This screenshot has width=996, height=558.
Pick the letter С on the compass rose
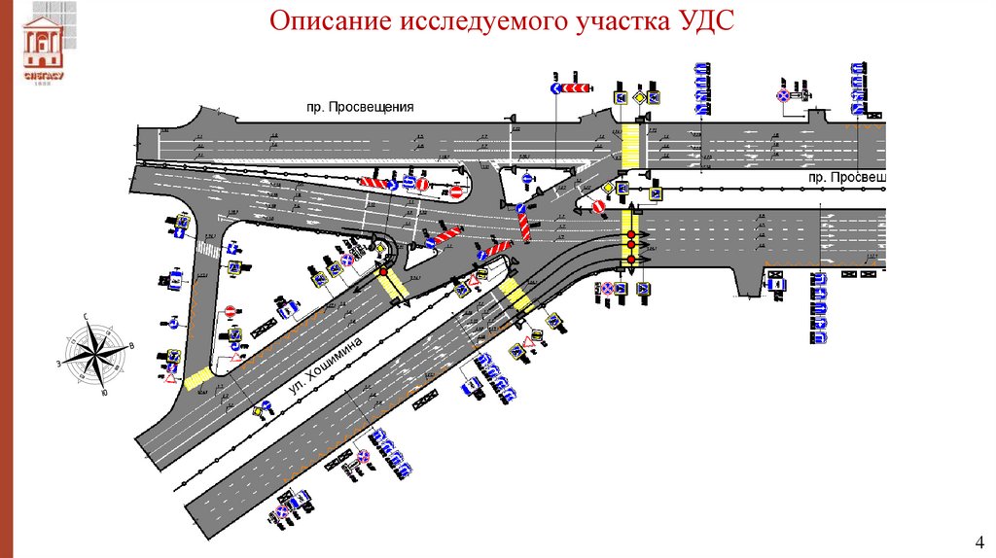coord(87,316)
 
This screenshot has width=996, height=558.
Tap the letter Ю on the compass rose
coord(104,393)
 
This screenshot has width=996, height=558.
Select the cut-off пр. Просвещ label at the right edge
coord(848,178)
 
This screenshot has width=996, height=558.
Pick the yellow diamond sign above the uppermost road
coord(639,97)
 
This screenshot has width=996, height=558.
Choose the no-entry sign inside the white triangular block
coord(231,312)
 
